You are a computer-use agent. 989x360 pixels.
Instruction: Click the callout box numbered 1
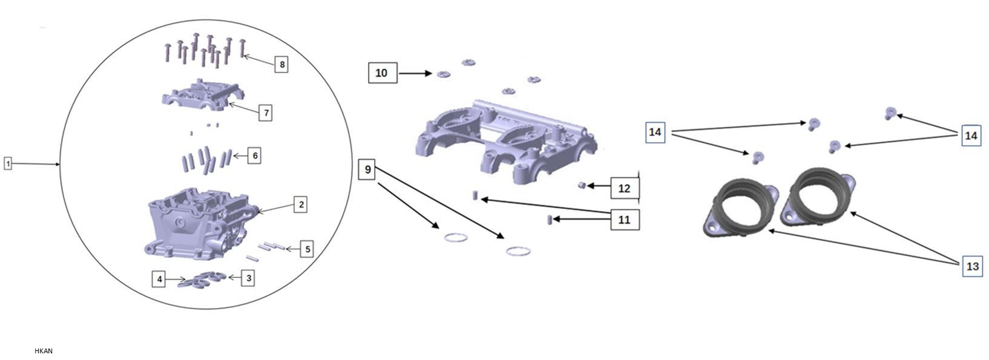(7, 163)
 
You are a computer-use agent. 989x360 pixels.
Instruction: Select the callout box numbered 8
(281, 64)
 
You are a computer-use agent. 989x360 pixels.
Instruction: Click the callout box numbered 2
(301, 205)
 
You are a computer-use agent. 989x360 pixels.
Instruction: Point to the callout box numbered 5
(307, 249)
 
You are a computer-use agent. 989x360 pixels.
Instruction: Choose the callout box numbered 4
(159, 279)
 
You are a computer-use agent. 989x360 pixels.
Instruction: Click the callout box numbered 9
(367, 169)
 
